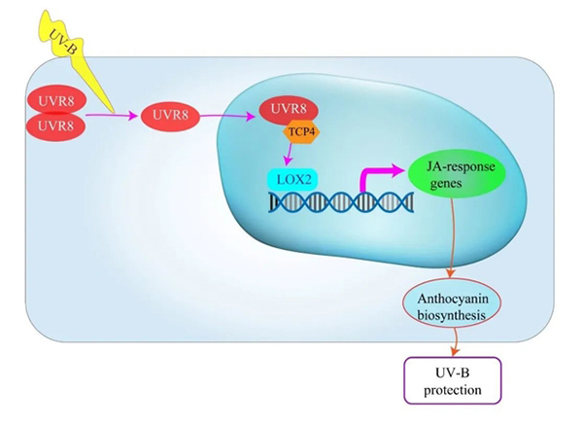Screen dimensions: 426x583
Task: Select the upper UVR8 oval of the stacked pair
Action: (55, 100)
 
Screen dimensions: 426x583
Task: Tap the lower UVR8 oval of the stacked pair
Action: (55, 125)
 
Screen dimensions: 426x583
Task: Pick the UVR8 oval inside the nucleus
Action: (289, 109)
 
